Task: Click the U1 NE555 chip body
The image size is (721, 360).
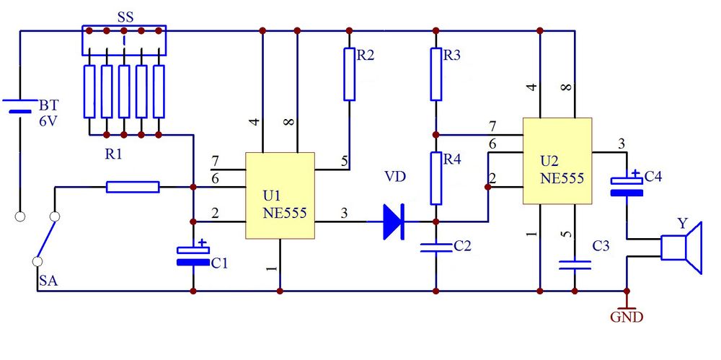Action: [x=280, y=196]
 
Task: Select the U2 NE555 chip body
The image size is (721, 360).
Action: [x=557, y=161]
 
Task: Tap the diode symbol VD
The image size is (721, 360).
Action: [x=394, y=221]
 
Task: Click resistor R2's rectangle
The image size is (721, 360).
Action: [x=350, y=74]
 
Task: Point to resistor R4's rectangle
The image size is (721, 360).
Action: [x=436, y=179]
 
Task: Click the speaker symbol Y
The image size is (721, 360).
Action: [x=681, y=247]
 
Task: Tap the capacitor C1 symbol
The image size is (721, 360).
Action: [x=193, y=256]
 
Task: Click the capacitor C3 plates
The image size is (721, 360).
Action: [x=575, y=265]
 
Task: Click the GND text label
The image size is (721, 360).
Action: [x=627, y=317]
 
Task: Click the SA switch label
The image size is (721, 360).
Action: [x=48, y=281]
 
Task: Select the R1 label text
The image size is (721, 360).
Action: [x=114, y=154]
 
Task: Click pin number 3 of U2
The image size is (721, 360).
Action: [x=622, y=144]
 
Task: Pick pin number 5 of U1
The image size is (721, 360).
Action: [x=345, y=161]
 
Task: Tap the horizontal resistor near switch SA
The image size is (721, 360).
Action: [x=133, y=187]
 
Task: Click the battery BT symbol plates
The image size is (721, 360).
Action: [x=20, y=106]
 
